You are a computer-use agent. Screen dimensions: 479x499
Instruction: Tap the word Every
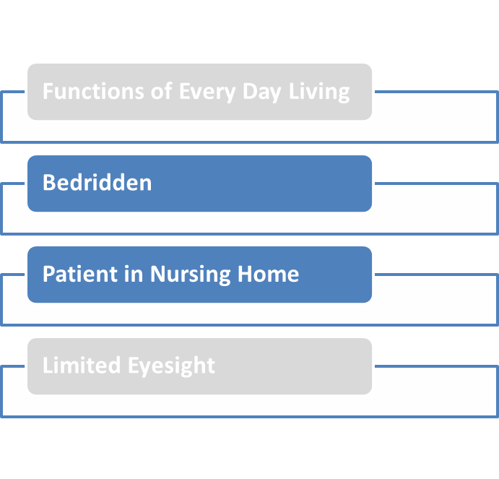(209, 92)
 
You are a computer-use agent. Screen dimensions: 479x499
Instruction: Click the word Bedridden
(97, 182)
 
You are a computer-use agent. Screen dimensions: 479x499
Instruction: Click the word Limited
(82, 365)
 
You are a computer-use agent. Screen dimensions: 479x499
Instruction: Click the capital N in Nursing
(157, 274)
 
